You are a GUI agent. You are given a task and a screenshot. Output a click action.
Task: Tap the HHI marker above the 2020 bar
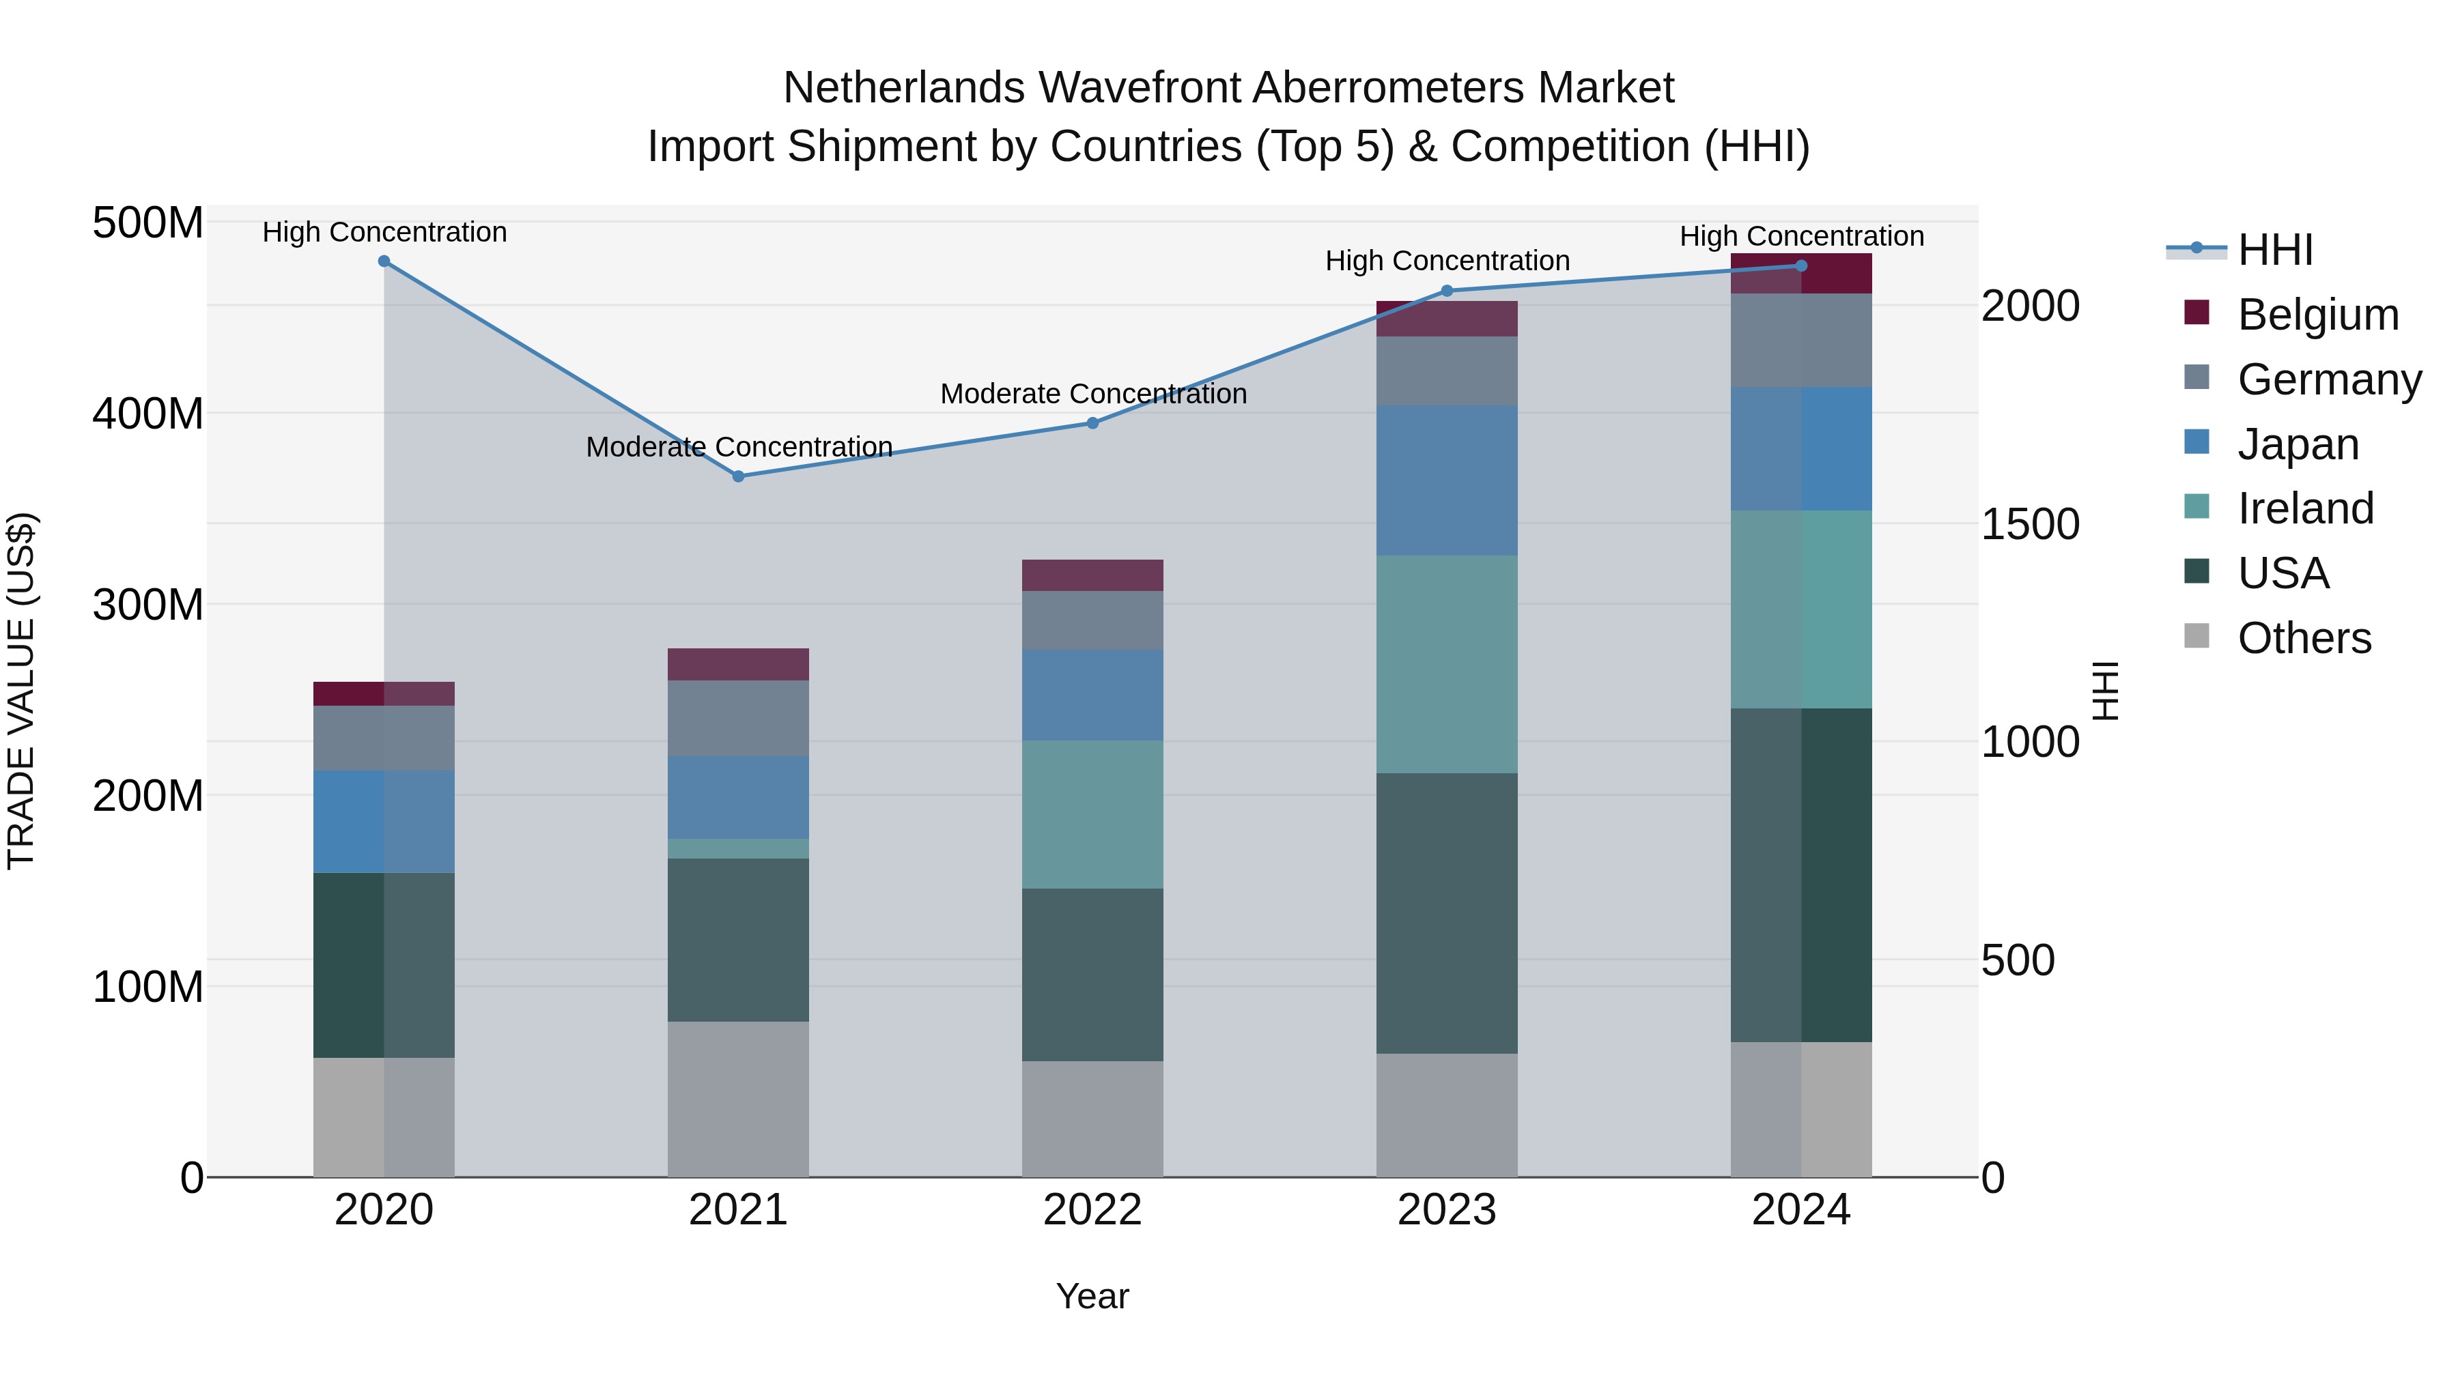click(x=384, y=261)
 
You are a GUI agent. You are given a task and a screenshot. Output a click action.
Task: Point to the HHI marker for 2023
click(x=1447, y=291)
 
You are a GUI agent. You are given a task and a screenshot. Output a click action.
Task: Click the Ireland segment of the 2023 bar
click(x=1447, y=664)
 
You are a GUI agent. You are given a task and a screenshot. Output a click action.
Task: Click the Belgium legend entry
click(x=2291, y=315)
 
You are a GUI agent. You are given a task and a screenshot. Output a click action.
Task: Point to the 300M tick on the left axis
click(x=148, y=605)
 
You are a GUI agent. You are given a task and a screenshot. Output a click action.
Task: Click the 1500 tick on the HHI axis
click(x=2031, y=523)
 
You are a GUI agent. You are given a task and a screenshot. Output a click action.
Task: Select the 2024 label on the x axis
click(x=1802, y=1210)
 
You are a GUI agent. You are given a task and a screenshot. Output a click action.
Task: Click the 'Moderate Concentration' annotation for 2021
click(x=739, y=446)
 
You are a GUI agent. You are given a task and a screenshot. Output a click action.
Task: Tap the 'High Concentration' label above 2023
click(x=1447, y=261)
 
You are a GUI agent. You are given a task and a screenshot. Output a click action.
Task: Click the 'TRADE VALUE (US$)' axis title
click(x=21, y=691)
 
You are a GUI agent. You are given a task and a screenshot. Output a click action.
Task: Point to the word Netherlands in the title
click(x=905, y=88)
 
